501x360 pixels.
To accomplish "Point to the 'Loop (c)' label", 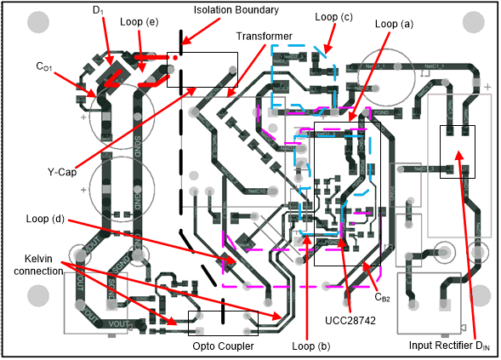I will coord(333,15).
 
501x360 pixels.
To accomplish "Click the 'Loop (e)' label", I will coord(139,20).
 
